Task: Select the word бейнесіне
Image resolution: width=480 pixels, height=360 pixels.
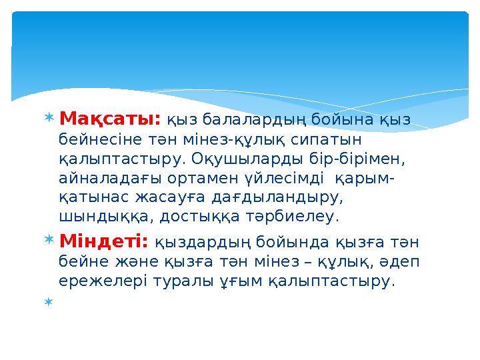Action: coord(91,140)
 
